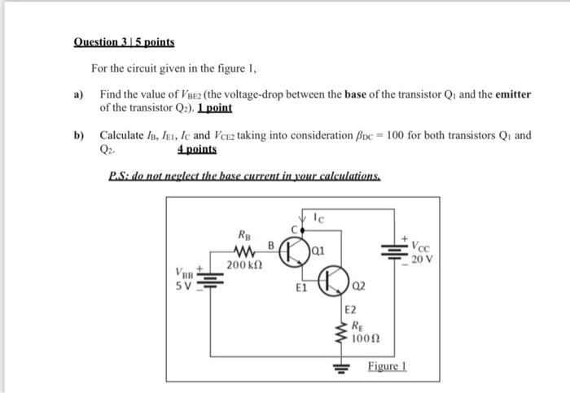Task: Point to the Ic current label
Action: click(321, 218)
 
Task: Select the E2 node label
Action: click(351, 309)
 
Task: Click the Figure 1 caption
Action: click(386, 367)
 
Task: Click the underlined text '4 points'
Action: click(196, 151)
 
